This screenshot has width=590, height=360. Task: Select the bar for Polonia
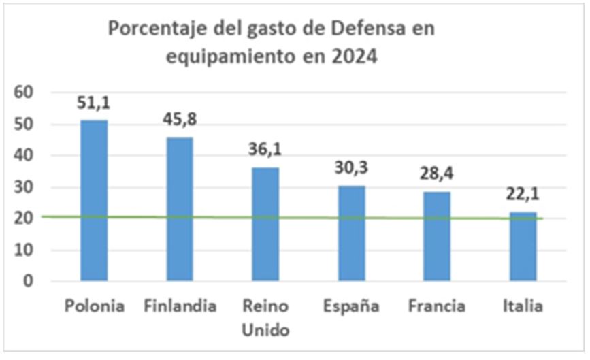click(x=94, y=200)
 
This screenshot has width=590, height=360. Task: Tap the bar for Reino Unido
click(x=265, y=224)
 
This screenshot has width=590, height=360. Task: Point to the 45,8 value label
click(x=180, y=120)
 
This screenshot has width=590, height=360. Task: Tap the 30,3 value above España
click(x=351, y=168)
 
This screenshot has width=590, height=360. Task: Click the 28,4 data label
click(x=436, y=174)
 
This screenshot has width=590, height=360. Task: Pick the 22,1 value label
click(x=523, y=195)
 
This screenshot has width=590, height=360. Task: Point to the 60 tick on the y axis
click(x=24, y=93)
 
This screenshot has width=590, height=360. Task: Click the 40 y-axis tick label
click(x=24, y=155)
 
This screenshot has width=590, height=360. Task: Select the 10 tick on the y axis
click(x=24, y=250)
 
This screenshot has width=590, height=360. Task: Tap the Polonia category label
click(x=95, y=306)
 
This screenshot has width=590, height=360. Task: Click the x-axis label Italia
click(x=523, y=306)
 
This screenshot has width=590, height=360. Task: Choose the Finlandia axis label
click(x=180, y=306)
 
